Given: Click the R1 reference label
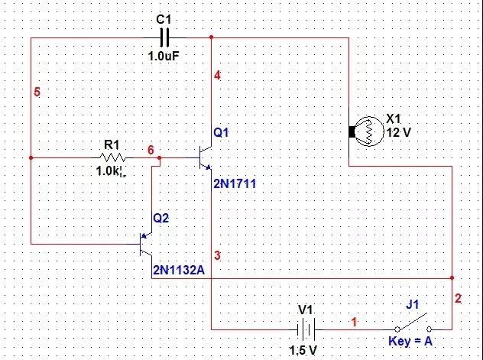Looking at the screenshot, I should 112,144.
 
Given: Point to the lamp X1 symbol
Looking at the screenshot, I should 364,131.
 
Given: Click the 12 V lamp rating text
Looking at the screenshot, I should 399,132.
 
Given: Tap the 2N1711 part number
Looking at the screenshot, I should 232,184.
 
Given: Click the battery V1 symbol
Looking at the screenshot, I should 306,330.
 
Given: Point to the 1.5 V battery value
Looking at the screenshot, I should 305,350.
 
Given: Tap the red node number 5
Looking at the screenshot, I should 37,92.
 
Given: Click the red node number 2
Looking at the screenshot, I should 458,299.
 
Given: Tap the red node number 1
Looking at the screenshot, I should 354,323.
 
